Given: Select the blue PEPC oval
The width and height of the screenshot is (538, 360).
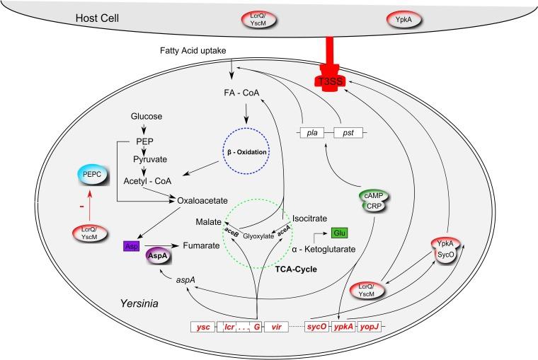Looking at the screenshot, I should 92,174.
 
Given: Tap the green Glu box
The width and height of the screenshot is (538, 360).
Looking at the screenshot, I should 339,233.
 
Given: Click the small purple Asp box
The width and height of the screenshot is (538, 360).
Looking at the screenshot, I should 131,247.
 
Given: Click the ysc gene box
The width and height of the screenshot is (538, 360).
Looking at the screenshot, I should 202,327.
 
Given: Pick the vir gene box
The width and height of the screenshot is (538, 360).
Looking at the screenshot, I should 277,327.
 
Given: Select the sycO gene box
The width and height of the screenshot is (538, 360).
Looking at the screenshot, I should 316,327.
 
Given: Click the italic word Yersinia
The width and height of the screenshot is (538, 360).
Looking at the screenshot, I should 138,304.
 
